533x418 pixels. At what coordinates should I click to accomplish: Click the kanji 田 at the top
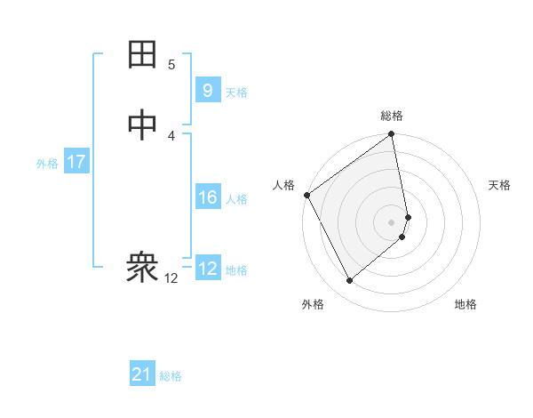[x=143, y=55]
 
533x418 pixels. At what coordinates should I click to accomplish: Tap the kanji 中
[x=143, y=125]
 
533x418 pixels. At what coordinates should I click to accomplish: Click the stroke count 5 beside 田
[x=171, y=64]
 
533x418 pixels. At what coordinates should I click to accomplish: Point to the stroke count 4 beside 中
[x=171, y=135]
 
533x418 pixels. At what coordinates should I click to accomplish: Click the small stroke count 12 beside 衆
[x=171, y=278]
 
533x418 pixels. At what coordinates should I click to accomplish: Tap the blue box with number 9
[x=207, y=91]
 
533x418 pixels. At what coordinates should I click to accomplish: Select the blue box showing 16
[x=207, y=197]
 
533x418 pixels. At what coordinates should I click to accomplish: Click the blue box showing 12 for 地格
[x=207, y=269]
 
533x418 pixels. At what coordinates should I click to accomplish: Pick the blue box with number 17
[x=76, y=163]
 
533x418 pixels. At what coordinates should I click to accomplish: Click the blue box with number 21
[x=142, y=374]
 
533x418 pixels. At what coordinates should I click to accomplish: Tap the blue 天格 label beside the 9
[x=236, y=92]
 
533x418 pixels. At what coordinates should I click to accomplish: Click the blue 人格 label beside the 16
[x=236, y=199]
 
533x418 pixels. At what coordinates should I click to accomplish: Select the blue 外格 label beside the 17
[x=47, y=164]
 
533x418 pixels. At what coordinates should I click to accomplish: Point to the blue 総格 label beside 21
[x=171, y=376]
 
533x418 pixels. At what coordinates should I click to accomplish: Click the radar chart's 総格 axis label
[x=392, y=116]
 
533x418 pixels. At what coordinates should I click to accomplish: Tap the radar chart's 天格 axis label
[x=499, y=185]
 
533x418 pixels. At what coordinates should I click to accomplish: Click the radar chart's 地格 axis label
[x=465, y=304]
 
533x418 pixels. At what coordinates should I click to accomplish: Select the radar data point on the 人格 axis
[x=306, y=195]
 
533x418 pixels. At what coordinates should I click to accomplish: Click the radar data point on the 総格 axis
[x=392, y=135]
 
